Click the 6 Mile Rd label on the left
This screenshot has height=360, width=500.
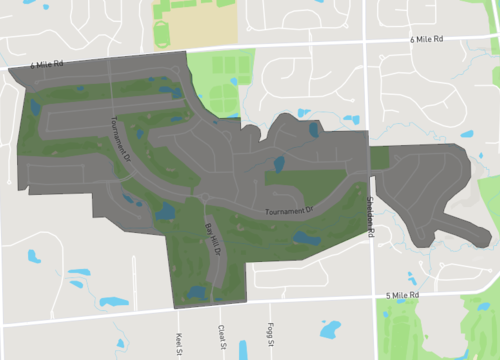pyautogui.click(x=48, y=64)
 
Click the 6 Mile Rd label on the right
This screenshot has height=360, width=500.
pyautogui.click(x=426, y=39)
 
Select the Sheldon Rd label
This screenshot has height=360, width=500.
pyautogui.click(x=370, y=218)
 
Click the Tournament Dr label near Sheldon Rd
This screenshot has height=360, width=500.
pyautogui.click(x=289, y=211)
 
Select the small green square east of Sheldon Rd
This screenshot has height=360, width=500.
pyautogui.click(x=380, y=157)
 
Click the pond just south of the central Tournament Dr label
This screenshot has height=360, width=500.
pyautogui.click(x=303, y=237)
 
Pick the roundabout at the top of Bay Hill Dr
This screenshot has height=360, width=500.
pyautogui.click(x=204, y=196)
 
